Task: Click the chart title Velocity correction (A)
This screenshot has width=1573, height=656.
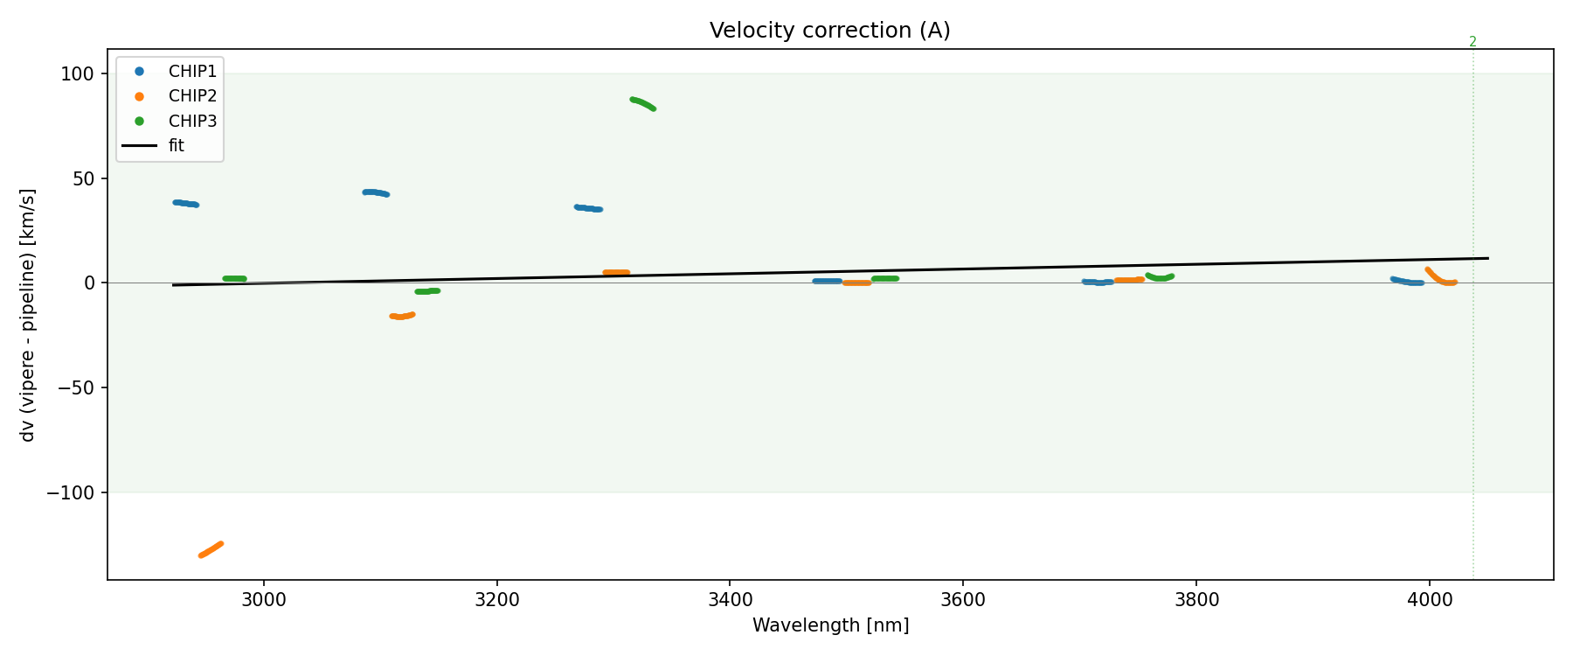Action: (829, 31)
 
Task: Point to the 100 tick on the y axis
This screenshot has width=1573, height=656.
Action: (77, 74)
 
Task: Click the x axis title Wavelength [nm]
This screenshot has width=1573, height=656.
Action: (830, 625)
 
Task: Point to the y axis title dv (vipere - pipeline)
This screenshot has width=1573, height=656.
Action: (28, 315)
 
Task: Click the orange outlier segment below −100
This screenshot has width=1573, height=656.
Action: (211, 549)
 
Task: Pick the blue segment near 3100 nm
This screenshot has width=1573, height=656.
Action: (376, 192)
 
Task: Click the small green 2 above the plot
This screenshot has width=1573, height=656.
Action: (1473, 42)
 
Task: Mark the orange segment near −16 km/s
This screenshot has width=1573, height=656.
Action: (402, 316)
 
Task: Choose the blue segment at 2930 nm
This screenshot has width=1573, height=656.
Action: (185, 204)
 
